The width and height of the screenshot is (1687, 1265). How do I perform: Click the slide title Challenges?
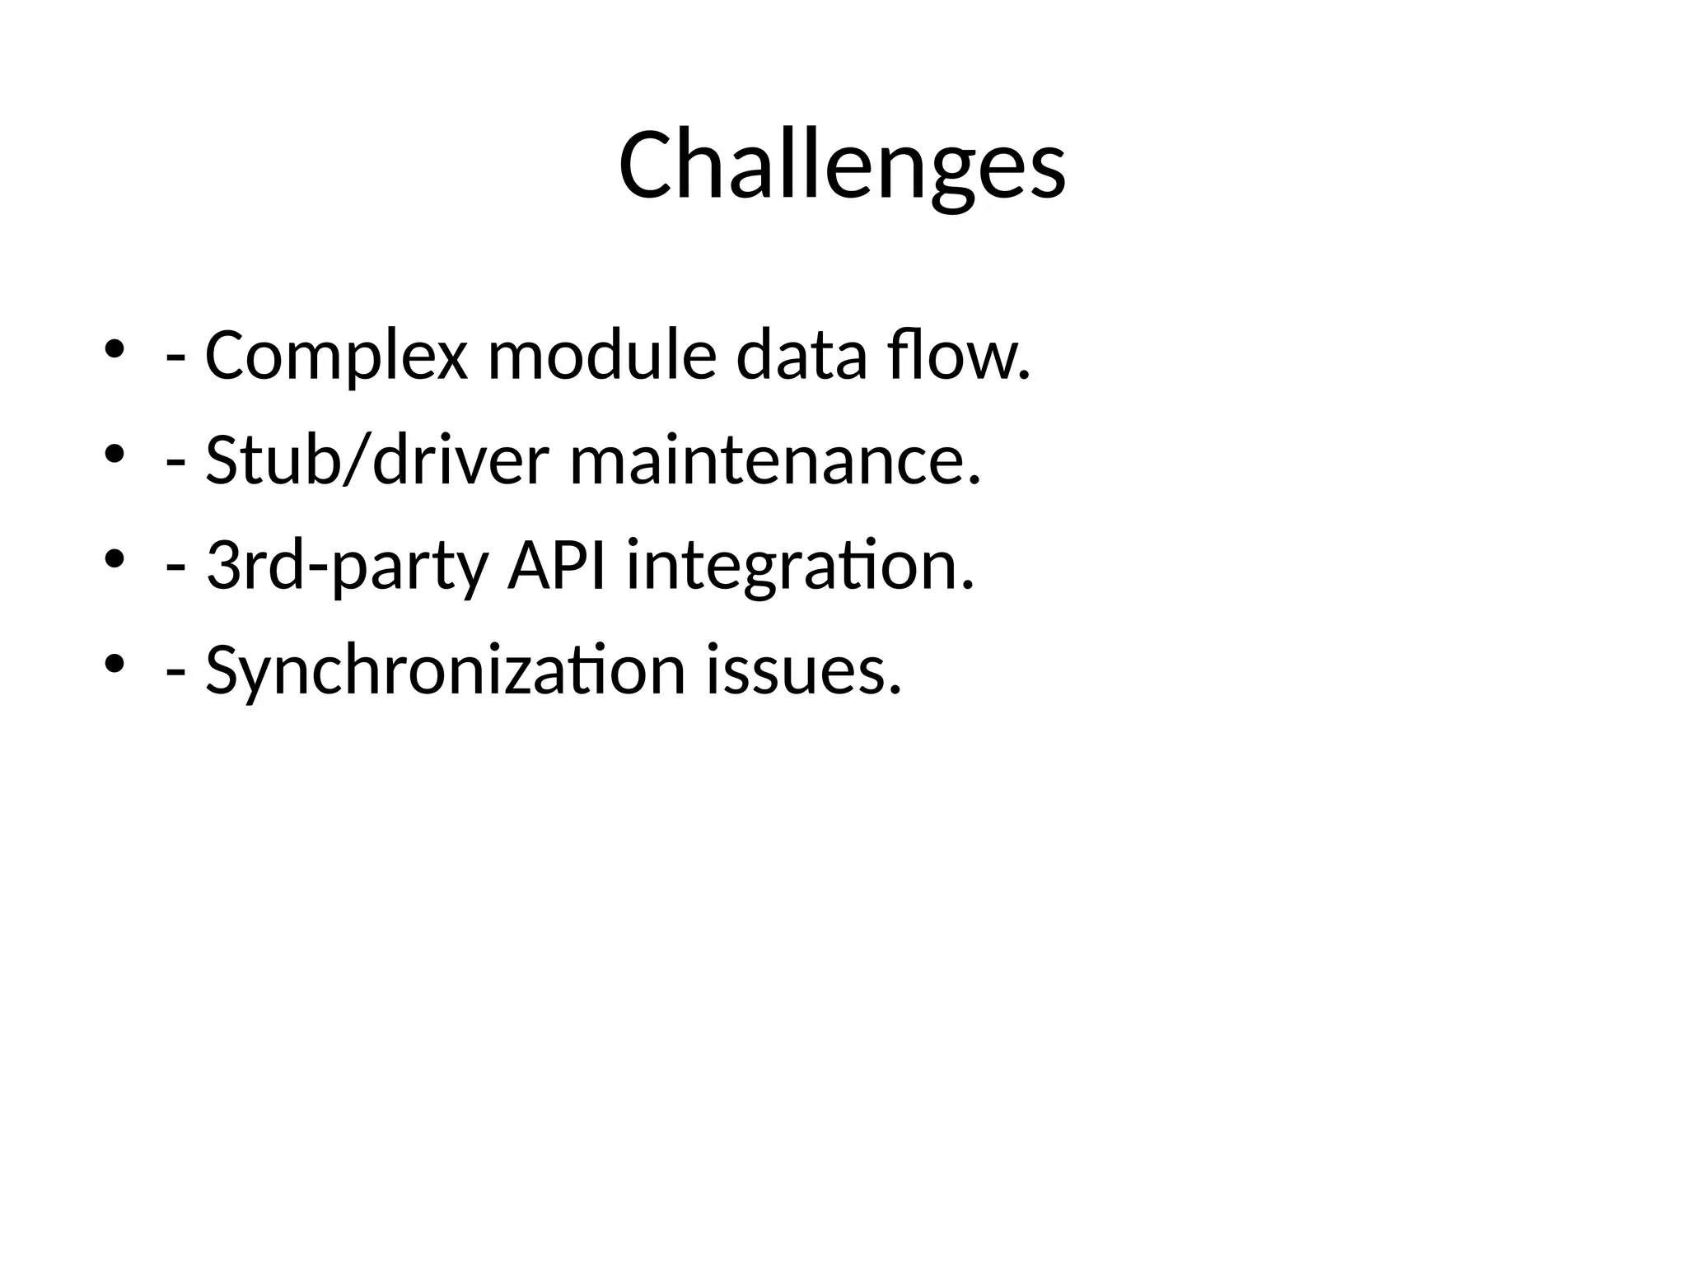click(842, 166)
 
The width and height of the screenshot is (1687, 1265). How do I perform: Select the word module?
click(601, 356)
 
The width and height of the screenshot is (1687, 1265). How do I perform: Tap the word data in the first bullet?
click(801, 356)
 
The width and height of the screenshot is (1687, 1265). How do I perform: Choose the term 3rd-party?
click(347, 566)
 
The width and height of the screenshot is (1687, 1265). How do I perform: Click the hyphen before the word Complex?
click(175, 361)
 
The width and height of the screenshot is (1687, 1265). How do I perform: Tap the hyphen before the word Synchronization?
click(175, 674)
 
